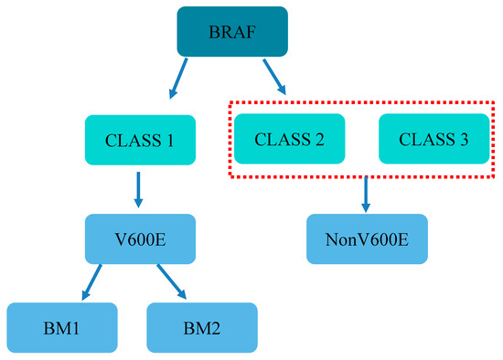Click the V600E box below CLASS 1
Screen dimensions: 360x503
pyautogui.click(x=140, y=239)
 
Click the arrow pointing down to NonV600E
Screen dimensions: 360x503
pyautogui.click(x=367, y=193)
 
